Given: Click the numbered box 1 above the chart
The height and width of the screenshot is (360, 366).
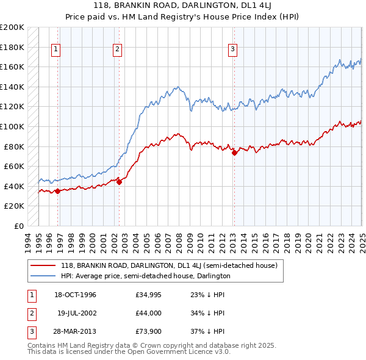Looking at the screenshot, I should coord(56,50).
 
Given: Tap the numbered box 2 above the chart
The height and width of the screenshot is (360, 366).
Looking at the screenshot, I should coord(117,50).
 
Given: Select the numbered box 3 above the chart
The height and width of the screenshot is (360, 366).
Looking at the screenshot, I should coord(232,50).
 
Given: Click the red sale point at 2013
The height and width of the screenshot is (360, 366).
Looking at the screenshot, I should coord(234,153).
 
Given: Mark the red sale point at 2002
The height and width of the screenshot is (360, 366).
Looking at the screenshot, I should coord(120,181).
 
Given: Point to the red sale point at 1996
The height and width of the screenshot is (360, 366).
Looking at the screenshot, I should coord(57,191).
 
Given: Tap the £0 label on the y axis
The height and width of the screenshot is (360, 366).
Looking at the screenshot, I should coord(18,226).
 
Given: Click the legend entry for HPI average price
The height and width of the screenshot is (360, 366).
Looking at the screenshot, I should coord(145,276).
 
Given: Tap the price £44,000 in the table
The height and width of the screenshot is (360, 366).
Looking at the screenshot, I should coord(149,313).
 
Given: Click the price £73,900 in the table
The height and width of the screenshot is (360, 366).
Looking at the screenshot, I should coord(149,331).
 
